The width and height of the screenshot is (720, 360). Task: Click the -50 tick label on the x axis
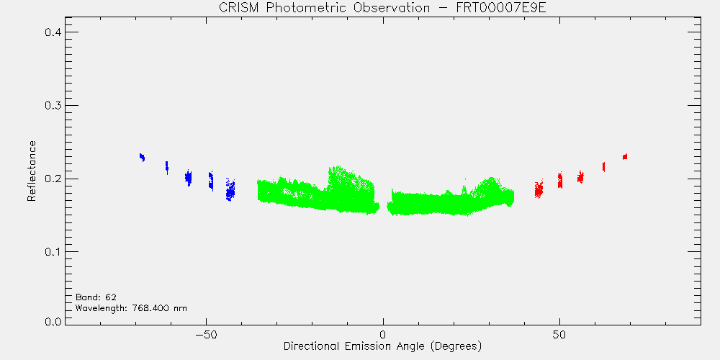(206, 334)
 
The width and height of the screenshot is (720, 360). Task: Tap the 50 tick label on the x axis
(559, 334)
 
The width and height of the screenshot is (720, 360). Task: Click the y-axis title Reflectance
(31, 171)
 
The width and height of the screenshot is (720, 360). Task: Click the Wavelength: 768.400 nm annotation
(131, 307)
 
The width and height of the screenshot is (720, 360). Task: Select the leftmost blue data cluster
(143, 158)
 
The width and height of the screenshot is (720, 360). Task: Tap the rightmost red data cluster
(625, 156)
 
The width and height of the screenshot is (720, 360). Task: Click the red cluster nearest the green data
(539, 188)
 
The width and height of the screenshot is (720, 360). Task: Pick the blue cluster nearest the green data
(230, 189)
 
